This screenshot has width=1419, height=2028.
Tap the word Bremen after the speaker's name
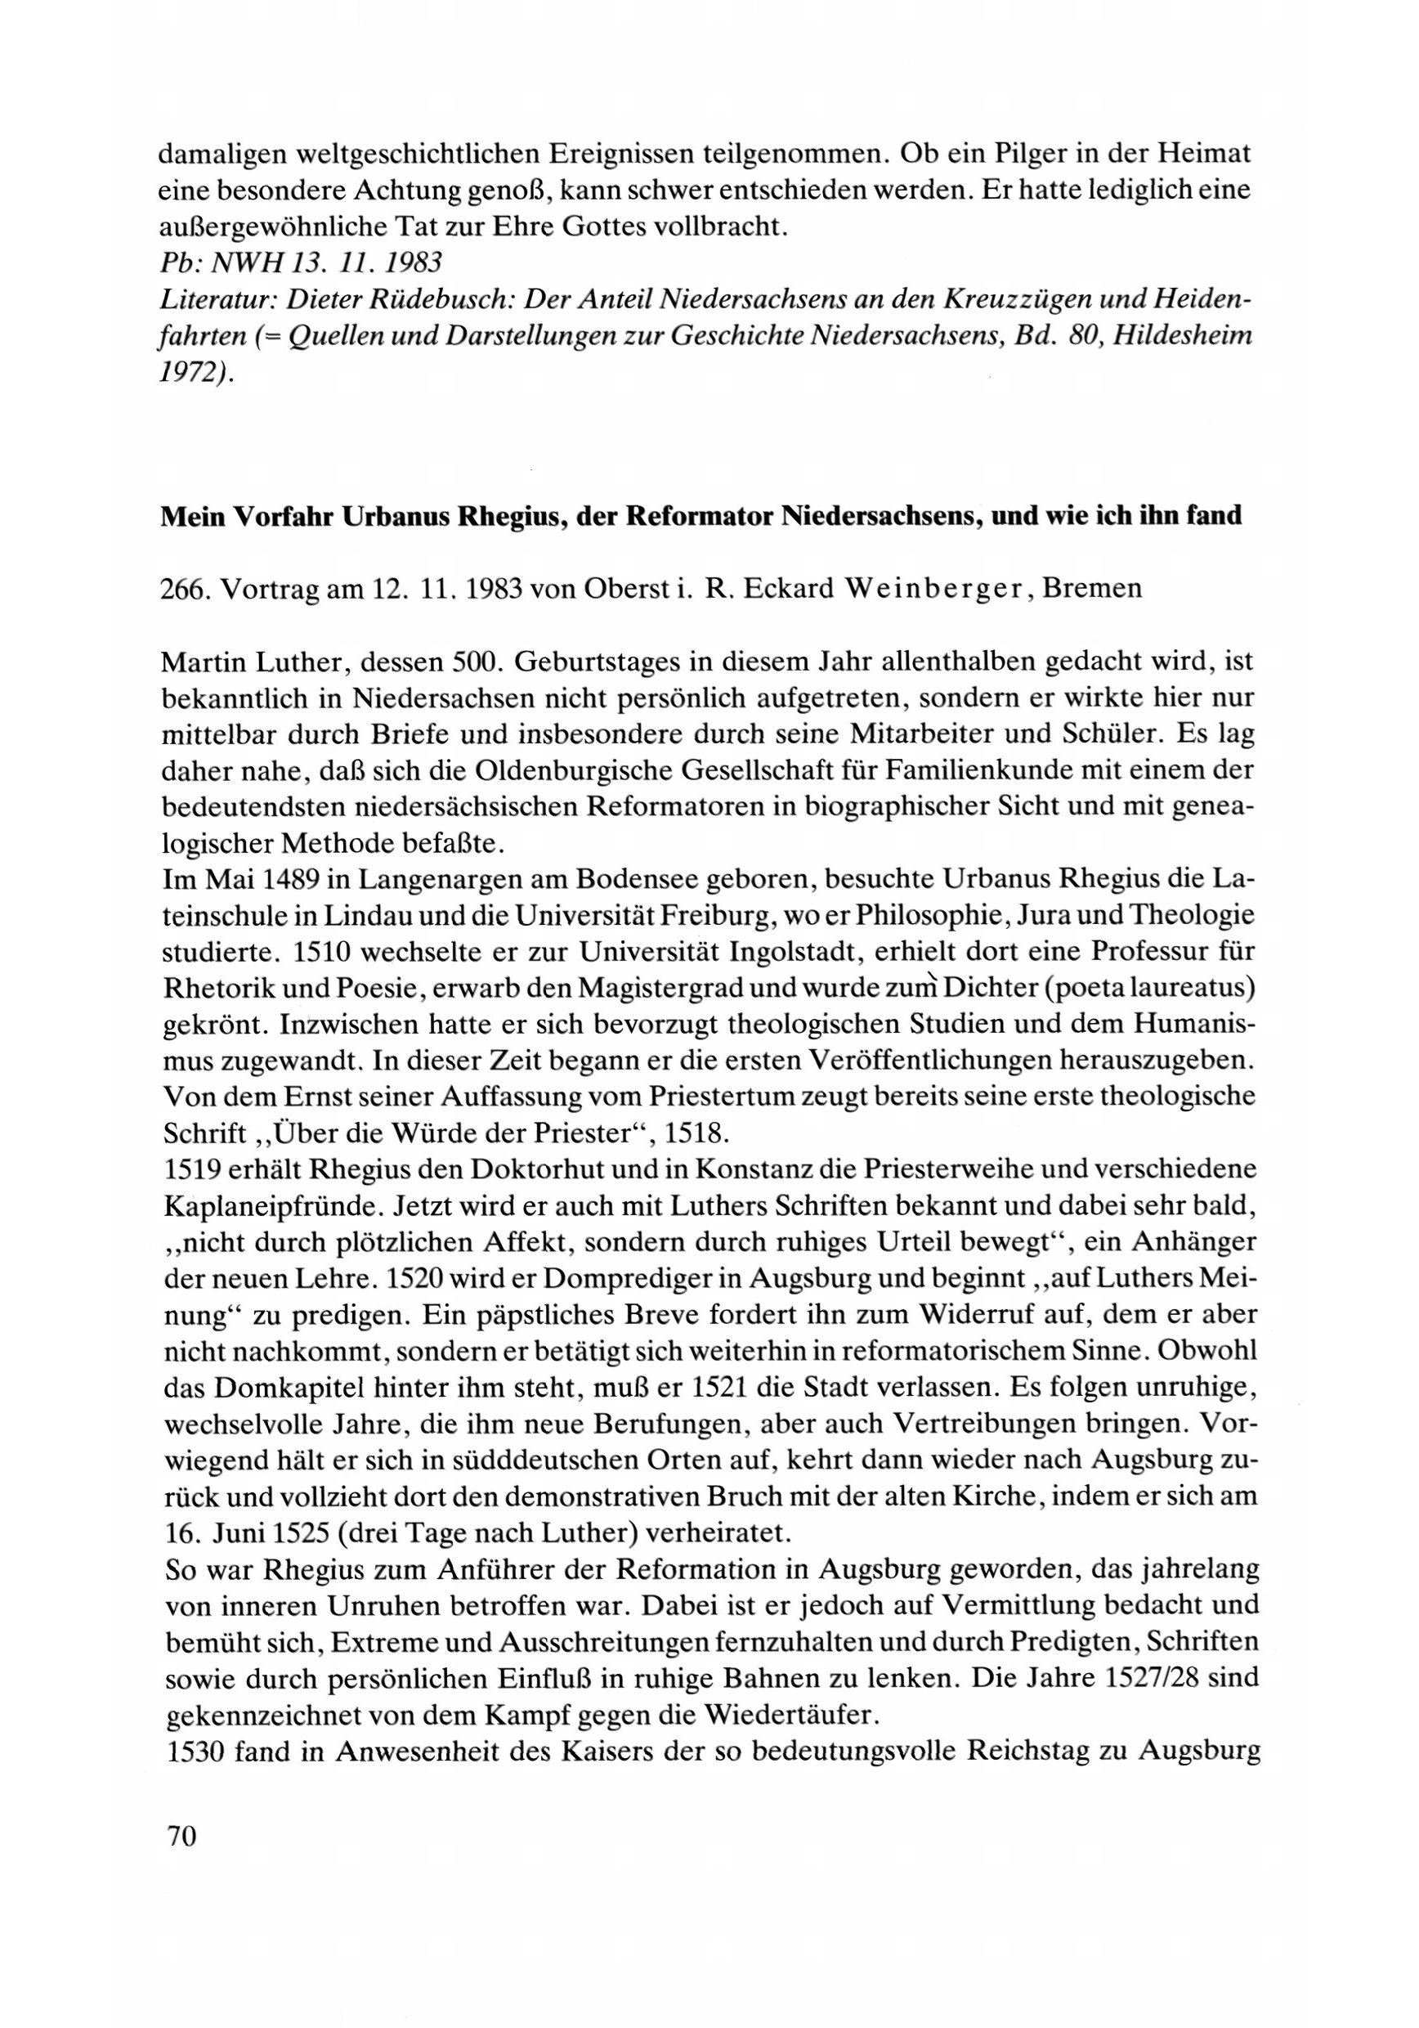[1092, 588]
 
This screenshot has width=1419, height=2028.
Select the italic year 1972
[194, 374]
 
